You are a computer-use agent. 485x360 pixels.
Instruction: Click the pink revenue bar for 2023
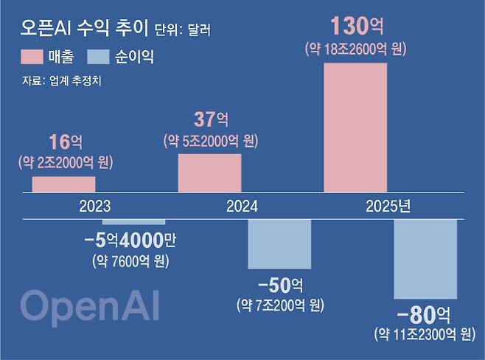(63, 184)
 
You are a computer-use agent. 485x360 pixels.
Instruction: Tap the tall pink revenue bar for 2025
(355, 128)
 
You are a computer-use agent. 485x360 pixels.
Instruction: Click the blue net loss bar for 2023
(133, 221)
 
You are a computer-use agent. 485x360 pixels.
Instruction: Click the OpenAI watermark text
(89, 306)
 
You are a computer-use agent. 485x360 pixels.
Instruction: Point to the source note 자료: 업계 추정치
(62, 80)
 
